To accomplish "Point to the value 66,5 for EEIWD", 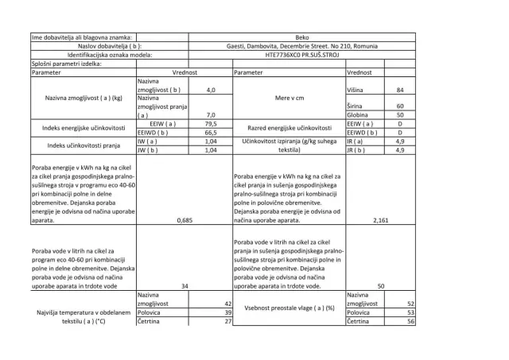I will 212,133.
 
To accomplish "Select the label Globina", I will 359,115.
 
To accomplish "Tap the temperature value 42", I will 227,304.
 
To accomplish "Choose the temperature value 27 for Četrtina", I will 227,321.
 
